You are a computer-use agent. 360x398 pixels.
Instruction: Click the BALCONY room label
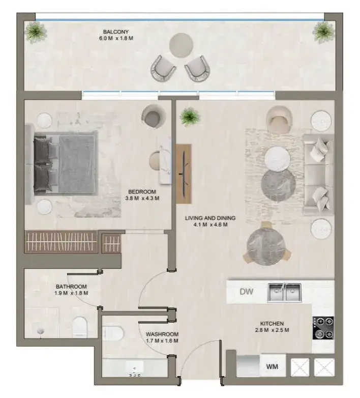(115, 32)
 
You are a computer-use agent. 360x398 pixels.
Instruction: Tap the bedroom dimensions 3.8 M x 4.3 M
(142, 198)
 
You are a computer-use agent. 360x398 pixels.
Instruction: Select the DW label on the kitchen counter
(247, 292)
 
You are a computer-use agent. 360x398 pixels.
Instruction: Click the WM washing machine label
(272, 366)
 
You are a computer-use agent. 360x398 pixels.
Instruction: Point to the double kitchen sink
(284, 293)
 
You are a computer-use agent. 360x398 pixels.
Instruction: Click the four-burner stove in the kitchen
(323, 328)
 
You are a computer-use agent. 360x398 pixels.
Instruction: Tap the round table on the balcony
(181, 45)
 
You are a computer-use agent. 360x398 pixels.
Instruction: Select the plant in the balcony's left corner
(36, 32)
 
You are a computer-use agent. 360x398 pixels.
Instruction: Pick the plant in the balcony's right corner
(323, 32)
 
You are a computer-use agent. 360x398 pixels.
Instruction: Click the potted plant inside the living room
(190, 117)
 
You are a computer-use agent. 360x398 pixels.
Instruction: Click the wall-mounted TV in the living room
(184, 174)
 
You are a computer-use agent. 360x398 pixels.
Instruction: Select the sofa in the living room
(318, 174)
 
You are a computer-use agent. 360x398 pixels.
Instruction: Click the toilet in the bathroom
(79, 327)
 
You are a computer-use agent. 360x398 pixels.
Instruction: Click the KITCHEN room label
(272, 324)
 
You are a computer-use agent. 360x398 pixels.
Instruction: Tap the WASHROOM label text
(162, 334)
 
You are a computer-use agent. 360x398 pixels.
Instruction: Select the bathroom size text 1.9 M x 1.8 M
(71, 293)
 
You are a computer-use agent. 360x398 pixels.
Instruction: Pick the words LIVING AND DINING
(210, 218)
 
